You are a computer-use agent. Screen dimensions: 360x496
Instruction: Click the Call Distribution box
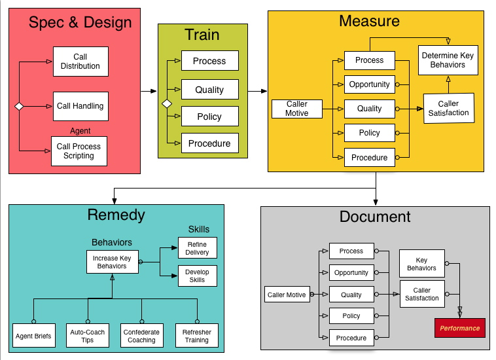80,62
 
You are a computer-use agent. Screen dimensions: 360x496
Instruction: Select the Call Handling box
80,106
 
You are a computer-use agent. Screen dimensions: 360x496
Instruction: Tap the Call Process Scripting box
79,151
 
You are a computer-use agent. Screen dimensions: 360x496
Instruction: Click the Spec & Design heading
80,22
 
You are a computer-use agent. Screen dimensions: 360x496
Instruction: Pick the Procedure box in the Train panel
209,143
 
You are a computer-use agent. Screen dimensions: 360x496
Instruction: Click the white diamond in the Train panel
167,103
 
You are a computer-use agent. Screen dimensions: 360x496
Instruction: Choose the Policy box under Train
209,117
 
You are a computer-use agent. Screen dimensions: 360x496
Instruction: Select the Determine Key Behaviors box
448,60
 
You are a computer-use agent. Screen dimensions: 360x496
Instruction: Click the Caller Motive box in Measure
297,109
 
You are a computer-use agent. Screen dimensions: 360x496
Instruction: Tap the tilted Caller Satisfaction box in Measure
448,108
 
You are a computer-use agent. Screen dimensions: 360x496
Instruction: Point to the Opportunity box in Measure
369,84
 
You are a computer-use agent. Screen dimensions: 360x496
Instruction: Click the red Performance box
459,328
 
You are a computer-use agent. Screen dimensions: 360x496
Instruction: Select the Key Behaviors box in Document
421,264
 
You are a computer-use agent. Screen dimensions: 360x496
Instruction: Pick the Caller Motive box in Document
287,295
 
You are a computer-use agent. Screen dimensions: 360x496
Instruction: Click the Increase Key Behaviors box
111,262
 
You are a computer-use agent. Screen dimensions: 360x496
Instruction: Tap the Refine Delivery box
197,248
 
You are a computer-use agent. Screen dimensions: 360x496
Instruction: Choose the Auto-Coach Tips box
88,336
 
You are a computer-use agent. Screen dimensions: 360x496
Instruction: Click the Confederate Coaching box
141,336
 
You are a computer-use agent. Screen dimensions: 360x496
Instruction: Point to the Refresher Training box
196,336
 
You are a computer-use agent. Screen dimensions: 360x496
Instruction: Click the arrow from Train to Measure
258,91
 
